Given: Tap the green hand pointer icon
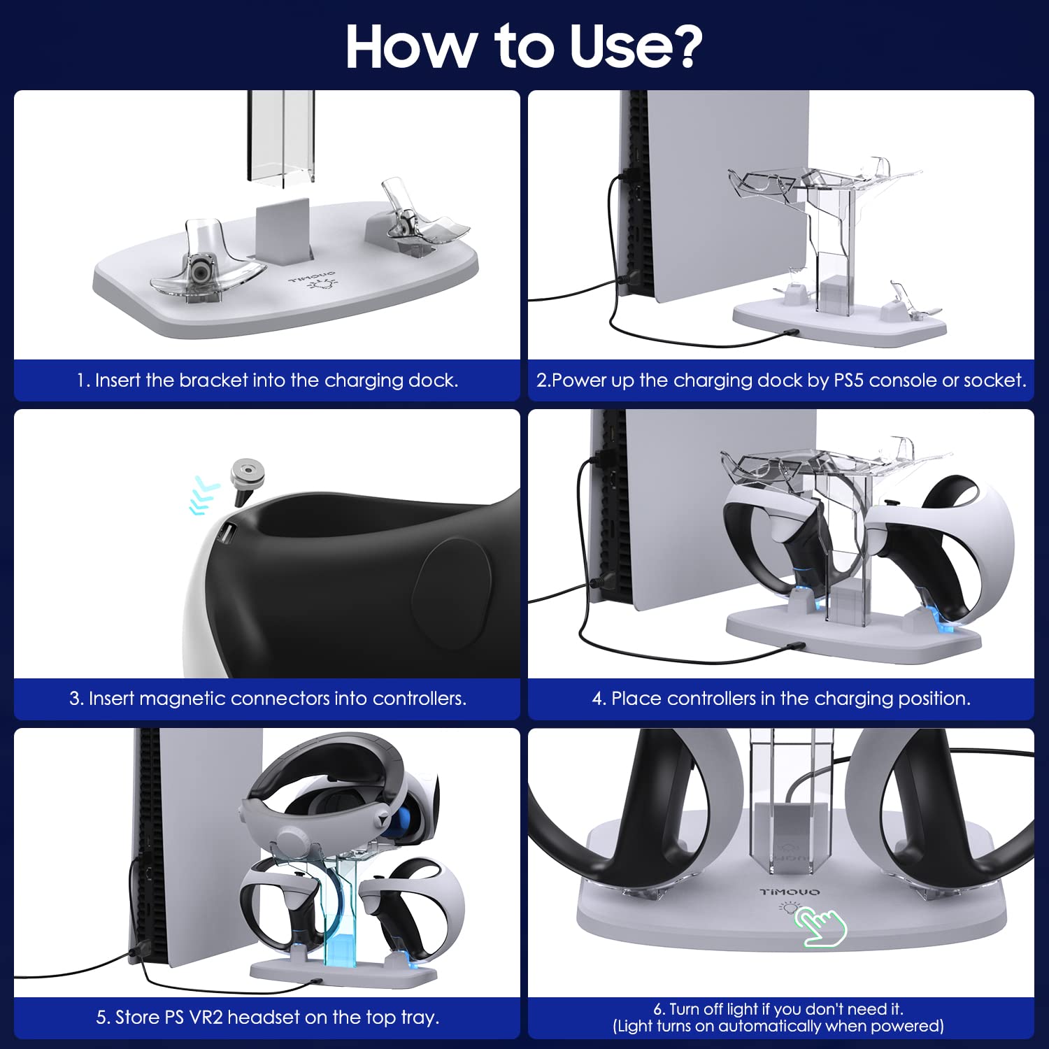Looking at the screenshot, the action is pyautogui.click(x=820, y=927).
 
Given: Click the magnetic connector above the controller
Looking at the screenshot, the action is pyautogui.click(x=247, y=480).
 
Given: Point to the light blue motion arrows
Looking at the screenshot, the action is pyautogui.click(x=204, y=496).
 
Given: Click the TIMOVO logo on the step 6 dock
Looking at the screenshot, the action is pyautogui.click(x=790, y=892).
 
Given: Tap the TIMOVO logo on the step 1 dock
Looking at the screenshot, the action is pyautogui.click(x=313, y=278).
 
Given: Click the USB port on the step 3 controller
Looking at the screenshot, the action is pyautogui.click(x=226, y=535).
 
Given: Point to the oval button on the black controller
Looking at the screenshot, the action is pyautogui.click(x=452, y=594).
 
